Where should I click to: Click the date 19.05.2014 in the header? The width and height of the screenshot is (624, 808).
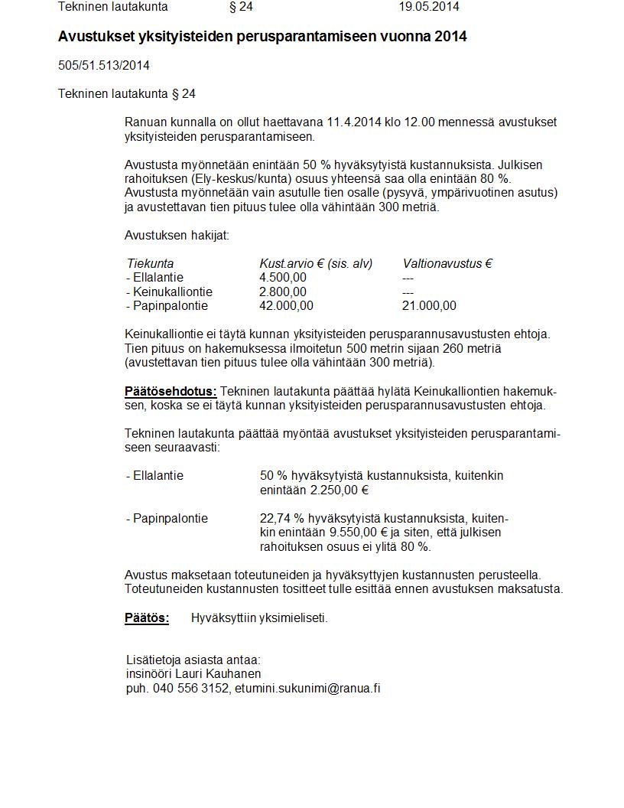click(x=428, y=7)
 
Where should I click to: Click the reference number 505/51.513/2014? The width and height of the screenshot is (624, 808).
click(x=104, y=66)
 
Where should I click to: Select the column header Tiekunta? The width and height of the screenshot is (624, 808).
click(x=151, y=264)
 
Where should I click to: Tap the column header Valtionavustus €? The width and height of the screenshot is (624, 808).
click(x=447, y=264)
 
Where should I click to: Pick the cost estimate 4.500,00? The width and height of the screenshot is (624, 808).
click(x=283, y=278)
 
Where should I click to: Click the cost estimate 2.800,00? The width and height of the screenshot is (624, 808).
click(x=283, y=292)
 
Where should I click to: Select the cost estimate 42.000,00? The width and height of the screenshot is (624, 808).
click(x=286, y=306)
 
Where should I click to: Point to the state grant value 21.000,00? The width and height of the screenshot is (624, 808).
click(x=429, y=306)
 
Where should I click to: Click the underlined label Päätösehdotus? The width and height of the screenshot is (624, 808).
click(x=171, y=392)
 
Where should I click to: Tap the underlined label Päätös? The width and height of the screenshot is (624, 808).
click(x=147, y=618)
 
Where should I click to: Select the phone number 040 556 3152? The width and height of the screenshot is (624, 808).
click(x=190, y=688)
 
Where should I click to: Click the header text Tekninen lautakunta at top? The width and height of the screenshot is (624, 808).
click(x=113, y=7)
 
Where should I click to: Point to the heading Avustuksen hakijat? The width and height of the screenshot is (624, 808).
click(x=177, y=236)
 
